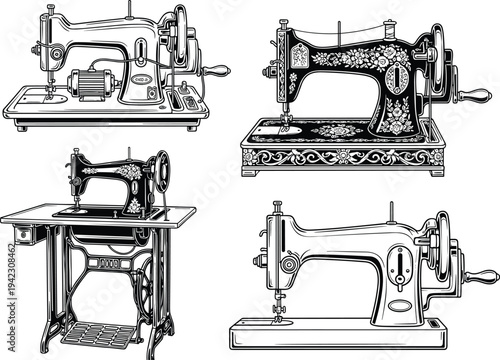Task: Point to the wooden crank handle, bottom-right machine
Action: [x=483, y=276]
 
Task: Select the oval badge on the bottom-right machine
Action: [x=400, y=304]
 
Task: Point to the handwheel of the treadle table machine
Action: [x=159, y=176]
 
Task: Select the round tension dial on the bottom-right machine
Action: [x=289, y=264]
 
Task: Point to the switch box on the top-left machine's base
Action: [x=186, y=101]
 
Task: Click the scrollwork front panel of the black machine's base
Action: [x=339, y=158]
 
